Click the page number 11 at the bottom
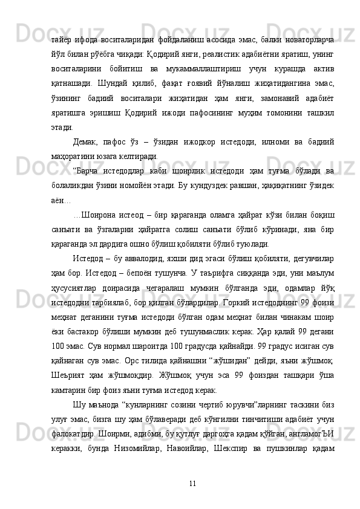(192, 482)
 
